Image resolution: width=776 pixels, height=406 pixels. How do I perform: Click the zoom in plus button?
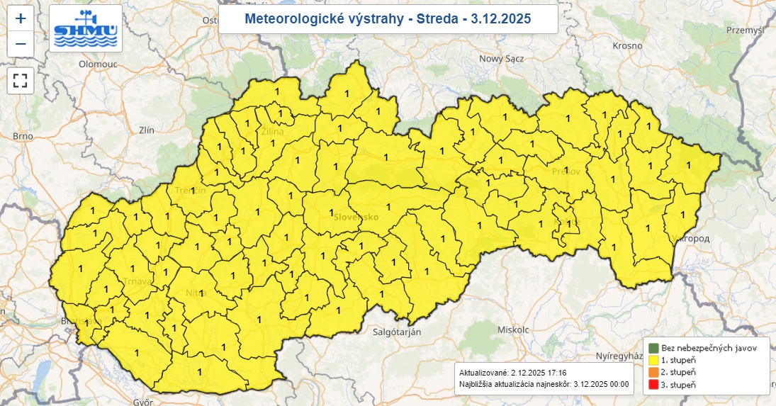click(21, 18)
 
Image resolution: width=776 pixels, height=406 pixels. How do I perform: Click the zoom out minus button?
click(21, 44)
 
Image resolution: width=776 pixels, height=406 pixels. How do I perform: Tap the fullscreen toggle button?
click(21, 80)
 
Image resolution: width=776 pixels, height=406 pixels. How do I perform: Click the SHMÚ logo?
click(86, 28)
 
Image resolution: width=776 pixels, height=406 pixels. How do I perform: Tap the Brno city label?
click(23, 136)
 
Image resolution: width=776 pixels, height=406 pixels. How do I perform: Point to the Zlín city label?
click(147, 130)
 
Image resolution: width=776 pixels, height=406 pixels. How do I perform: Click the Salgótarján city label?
click(397, 332)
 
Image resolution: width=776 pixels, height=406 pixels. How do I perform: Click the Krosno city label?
click(627, 45)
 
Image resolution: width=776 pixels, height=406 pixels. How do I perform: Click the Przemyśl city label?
click(746, 30)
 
